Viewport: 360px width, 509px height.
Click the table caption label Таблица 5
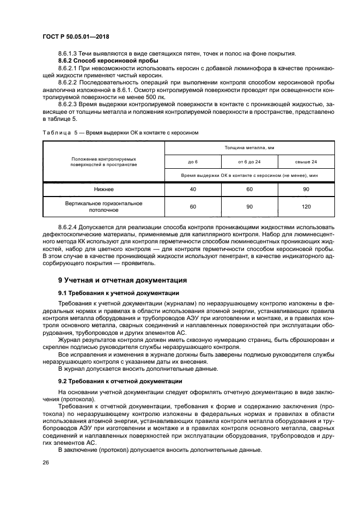pyautogui.click(x=60, y=132)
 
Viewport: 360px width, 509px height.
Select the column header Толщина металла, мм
pyautogui.click(x=249, y=147)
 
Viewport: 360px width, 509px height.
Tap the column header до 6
pyautogui.click(x=193, y=162)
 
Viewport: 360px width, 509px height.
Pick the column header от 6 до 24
pyautogui.click(x=249, y=162)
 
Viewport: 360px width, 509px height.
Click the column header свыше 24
pyautogui.click(x=306, y=162)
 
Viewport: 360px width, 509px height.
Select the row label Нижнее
pyautogui.click(x=103, y=189)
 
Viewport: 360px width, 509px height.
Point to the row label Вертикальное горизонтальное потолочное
pyautogui.click(x=103, y=207)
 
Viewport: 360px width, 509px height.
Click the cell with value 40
pyautogui.click(x=193, y=189)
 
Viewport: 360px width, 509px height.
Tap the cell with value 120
pyautogui.click(x=306, y=207)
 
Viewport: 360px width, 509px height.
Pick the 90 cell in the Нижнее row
pyautogui.click(x=306, y=189)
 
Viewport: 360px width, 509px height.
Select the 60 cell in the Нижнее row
pyautogui.click(x=249, y=189)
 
